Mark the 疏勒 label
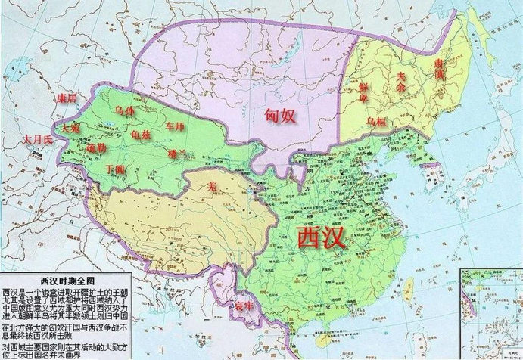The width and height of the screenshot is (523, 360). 95,149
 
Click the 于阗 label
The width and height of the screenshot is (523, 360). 114,169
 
